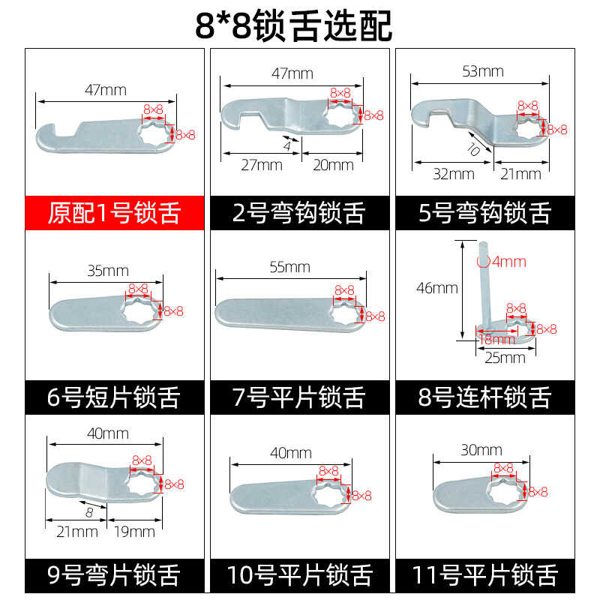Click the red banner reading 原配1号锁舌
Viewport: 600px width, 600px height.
(115, 213)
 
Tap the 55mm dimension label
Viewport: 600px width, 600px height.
(289, 267)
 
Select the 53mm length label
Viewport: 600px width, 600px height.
(483, 71)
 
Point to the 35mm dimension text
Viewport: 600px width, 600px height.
(108, 271)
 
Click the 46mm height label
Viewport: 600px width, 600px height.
(437, 288)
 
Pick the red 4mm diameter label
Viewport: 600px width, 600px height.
(502, 262)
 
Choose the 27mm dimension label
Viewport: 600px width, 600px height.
(262, 165)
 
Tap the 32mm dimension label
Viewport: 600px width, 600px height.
(454, 174)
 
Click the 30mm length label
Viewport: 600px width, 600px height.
(481, 450)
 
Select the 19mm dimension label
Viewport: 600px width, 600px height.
(135, 532)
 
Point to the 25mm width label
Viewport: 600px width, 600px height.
(505, 358)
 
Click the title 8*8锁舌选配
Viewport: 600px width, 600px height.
(294, 25)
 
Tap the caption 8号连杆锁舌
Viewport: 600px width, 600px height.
(484, 397)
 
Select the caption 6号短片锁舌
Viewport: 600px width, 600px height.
(114, 397)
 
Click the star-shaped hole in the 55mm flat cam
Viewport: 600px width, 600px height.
(346, 313)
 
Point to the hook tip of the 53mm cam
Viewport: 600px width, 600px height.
(421, 122)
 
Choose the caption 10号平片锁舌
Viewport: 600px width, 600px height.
(299, 574)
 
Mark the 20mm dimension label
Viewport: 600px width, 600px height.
(333, 165)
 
